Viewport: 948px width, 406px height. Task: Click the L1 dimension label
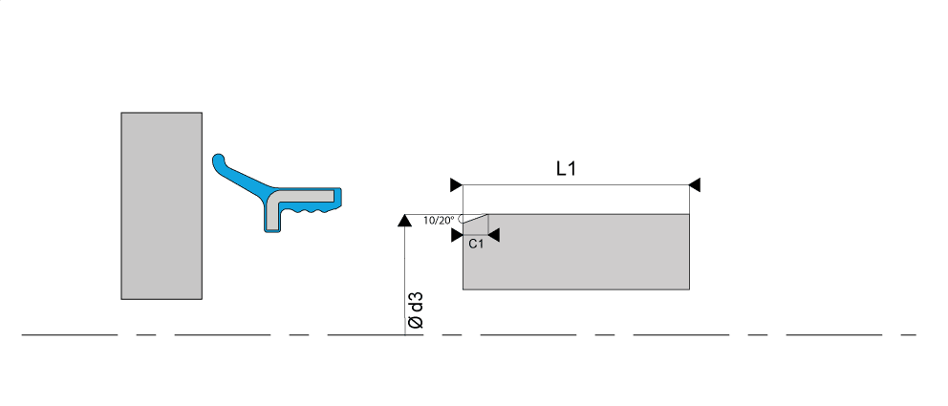(568, 169)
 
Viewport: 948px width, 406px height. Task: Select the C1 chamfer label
(476, 245)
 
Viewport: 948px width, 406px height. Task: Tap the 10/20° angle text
(439, 221)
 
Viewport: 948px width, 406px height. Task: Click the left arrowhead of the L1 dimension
(456, 184)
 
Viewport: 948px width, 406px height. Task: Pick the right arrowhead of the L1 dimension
(696, 184)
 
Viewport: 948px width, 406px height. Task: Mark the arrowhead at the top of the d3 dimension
(404, 221)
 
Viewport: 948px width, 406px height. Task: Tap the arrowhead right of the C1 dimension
(494, 234)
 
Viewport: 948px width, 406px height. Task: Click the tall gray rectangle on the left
(162, 205)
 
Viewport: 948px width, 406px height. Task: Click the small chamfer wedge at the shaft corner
(477, 224)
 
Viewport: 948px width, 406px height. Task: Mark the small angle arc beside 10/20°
(461, 221)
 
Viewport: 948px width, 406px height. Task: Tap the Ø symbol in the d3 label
(416, 324)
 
